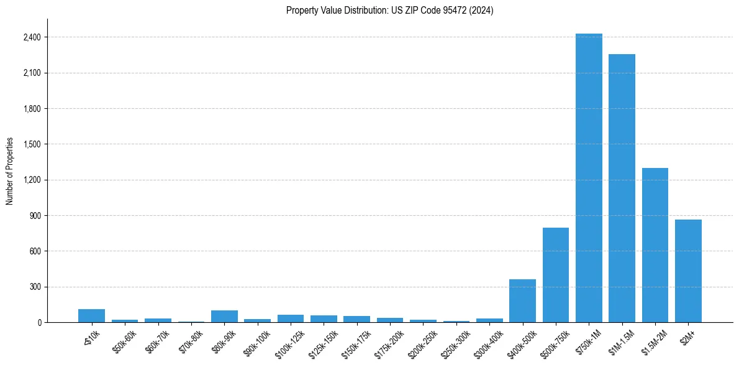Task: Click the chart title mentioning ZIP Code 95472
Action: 389,11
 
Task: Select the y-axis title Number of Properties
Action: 10,171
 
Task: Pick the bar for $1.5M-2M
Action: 655,245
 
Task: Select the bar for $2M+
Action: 688,271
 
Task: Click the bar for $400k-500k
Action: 522,301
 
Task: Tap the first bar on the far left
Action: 91,316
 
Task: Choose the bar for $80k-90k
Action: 224,317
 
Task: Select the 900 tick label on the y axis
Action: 34,216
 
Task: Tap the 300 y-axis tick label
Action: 34,287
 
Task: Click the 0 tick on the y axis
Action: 39,323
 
